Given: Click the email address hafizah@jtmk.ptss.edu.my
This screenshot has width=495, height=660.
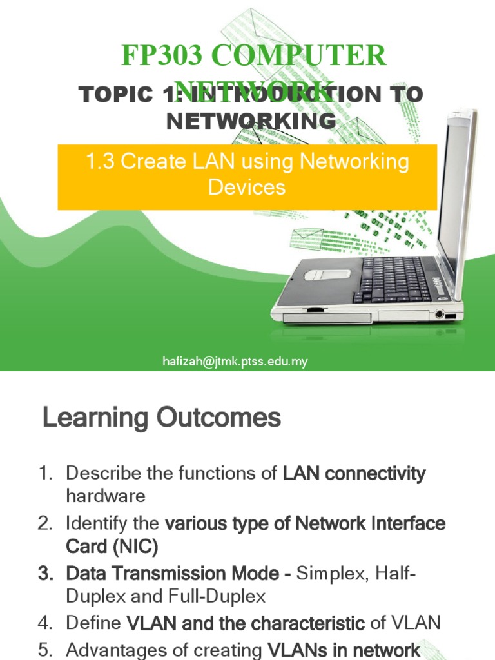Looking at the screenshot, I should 235,362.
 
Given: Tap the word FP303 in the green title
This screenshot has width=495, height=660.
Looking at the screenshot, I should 151,57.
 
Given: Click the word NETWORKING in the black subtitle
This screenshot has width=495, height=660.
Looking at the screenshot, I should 251,121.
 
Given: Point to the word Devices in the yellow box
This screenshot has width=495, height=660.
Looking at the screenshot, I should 246,187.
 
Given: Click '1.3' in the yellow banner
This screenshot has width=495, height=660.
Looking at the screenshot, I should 101,161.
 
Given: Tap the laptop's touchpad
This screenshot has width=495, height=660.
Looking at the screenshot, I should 327,274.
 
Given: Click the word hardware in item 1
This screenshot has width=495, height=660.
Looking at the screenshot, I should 106,496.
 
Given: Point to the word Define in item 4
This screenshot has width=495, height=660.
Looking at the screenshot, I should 93,623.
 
